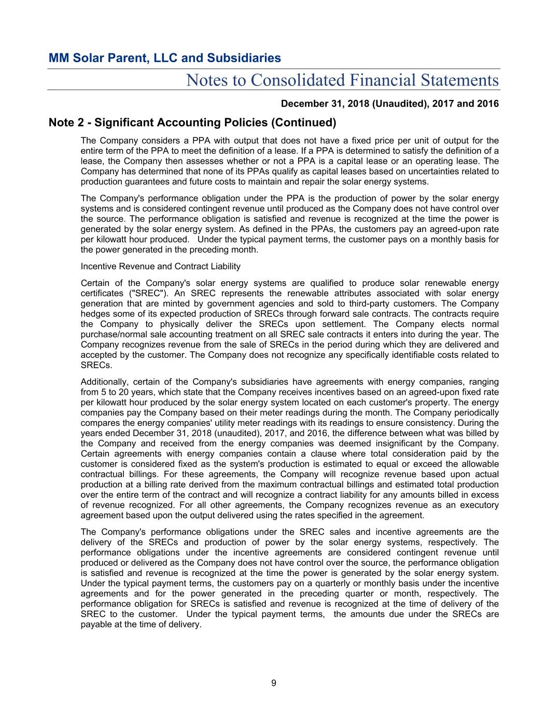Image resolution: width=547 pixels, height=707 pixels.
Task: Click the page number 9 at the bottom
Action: pyautogui.click(x=274, y=683)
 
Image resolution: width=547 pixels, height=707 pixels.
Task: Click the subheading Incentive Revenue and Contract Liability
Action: pyautogui.click(x=161, y=266)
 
